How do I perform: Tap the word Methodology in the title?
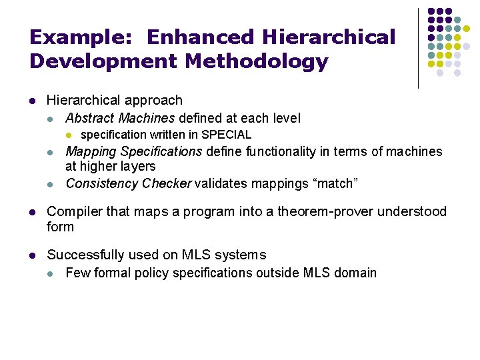click(x=257, y=62)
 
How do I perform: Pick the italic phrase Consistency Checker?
click(x=129, y=183)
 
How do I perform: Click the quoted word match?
click(x=337, y=183)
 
